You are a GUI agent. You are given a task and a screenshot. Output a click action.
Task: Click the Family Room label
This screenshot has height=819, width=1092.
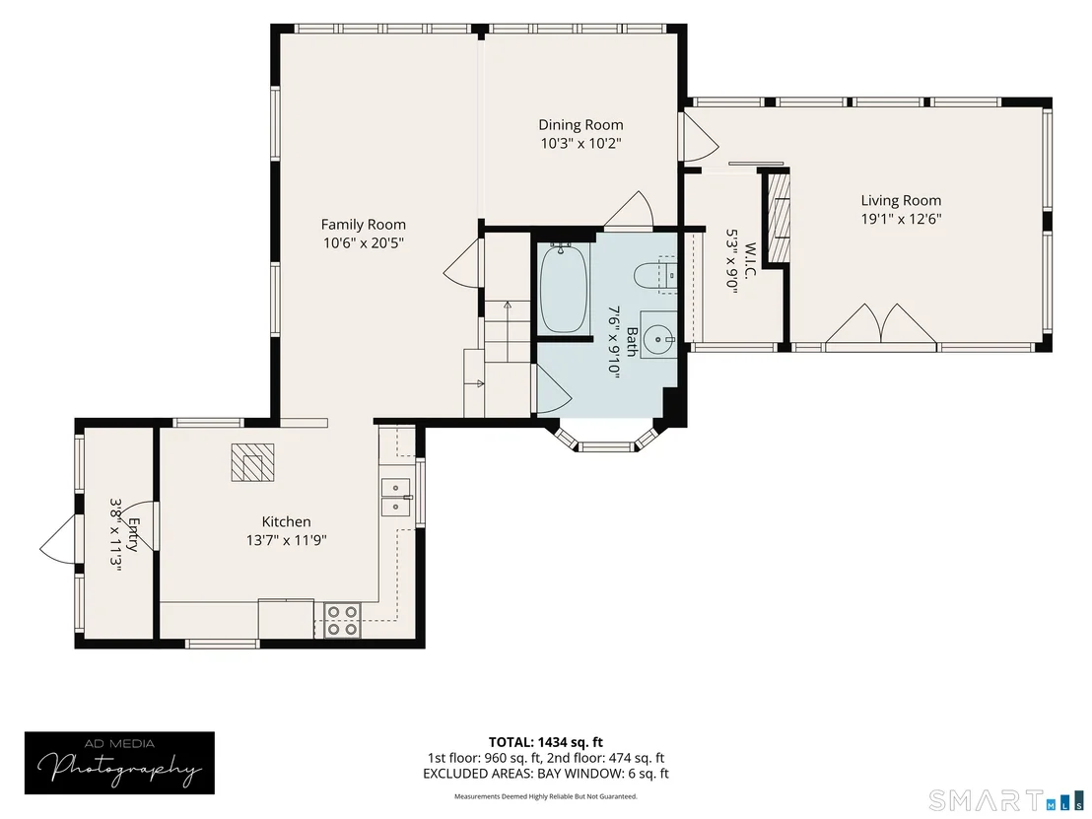tap(363, 225)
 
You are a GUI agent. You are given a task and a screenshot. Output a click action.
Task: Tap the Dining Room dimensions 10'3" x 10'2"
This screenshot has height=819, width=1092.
tap(580, 144)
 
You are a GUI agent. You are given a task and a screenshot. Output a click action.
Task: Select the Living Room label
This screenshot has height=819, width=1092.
tap(901, 201)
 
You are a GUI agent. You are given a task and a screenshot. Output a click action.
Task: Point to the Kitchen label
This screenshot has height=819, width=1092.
tap(286, 521)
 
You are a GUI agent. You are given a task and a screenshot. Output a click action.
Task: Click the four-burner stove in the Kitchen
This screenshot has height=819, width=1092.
tap(342, 620)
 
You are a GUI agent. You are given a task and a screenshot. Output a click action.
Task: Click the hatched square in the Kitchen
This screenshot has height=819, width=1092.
tap(252, 461)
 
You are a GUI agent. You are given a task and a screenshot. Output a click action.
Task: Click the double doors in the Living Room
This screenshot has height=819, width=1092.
tap(881, 324)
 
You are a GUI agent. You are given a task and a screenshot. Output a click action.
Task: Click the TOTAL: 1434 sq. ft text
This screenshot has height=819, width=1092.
tap(545, 742)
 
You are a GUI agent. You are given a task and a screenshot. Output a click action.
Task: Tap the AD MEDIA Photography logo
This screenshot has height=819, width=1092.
tap(119, 763)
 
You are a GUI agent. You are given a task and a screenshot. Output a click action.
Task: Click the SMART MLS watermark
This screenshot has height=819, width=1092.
tap(1007, 799)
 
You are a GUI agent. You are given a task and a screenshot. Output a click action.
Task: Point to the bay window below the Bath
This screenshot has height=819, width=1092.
tap(606, 439)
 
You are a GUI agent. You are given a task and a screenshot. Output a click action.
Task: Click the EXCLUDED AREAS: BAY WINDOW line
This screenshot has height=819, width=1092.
tap(546, 773)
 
